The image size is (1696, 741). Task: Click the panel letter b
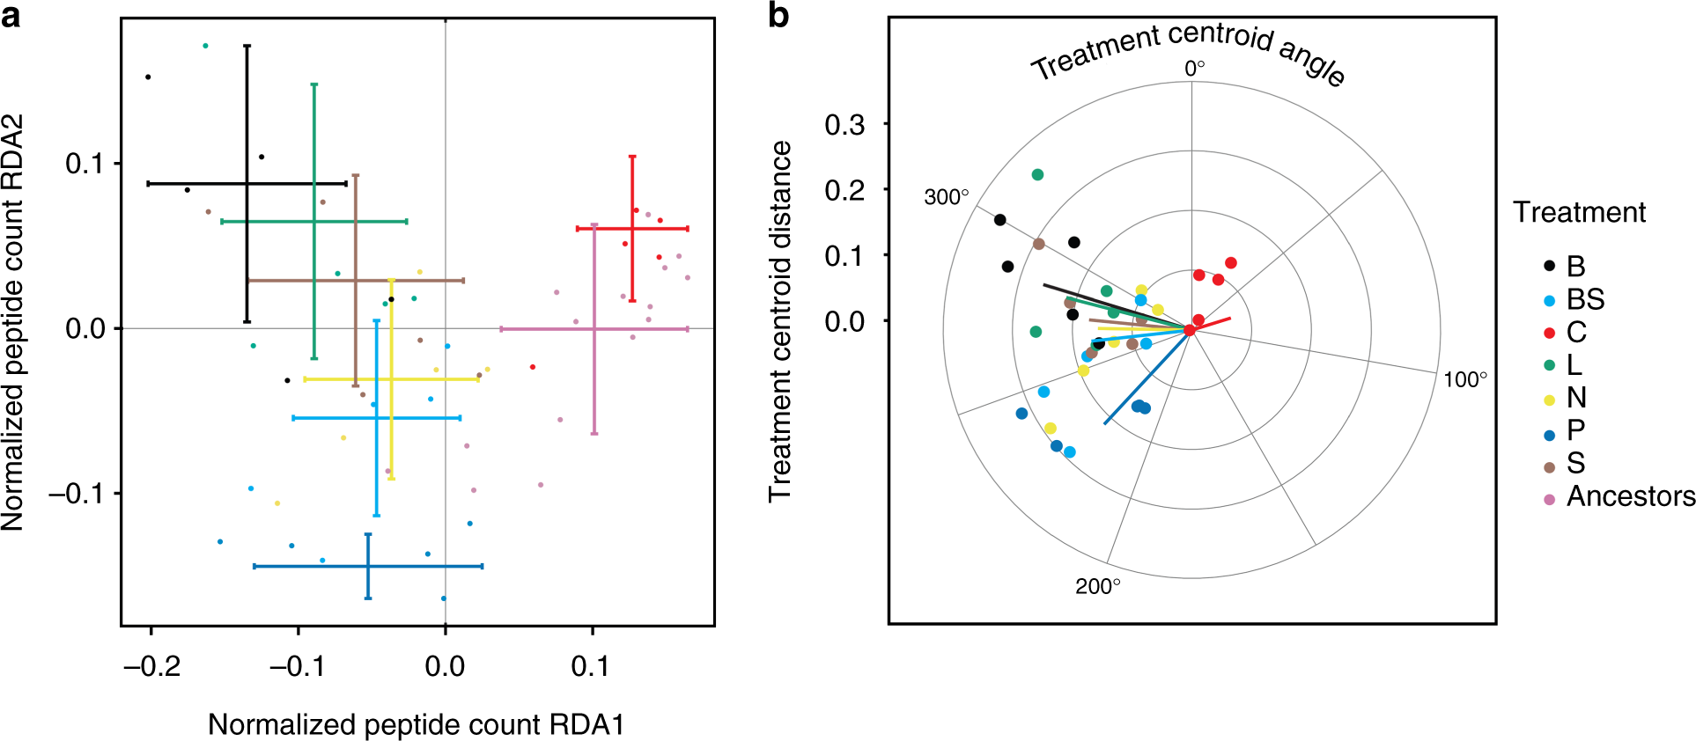pyautogui.click(x=778, y=16)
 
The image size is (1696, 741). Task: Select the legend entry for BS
pyautogui.click(x=1585, y=299)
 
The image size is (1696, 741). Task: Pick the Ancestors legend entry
pyautogui.click(x=1630, y=496)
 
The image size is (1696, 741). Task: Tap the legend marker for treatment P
pyautogui.click(x=1550, y=431)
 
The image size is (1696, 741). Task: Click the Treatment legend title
pyautogui.click(x=1579, y=212)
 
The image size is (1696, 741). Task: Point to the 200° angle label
pyautogui.click(x=1097, y=586)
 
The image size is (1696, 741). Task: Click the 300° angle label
pyautogui.click(x=946, y=197)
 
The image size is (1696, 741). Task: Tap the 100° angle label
pyautogui.click(x=1465, y=379)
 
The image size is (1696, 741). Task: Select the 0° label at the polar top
pyautogui.click(x=1194, y=69)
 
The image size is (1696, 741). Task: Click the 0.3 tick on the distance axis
pyautogui.click(x=844, y=125)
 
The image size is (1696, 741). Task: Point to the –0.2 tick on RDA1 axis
pyautogui.click(x=151, y=666)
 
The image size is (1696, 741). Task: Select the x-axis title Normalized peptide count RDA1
pyautogui.click(x=416, y=724)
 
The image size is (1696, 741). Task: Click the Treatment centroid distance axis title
pyautogui.click(x=780, y=321)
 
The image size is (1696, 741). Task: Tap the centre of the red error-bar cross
pyautogui.click(x=632, y=229)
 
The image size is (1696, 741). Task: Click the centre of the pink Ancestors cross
pyautogui.click(x=594, y=329)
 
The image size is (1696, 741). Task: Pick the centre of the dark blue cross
pyautogui.click(x=368, y=566)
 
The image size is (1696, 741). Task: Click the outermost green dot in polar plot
pyautogui.click(x=1037, y=174)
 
